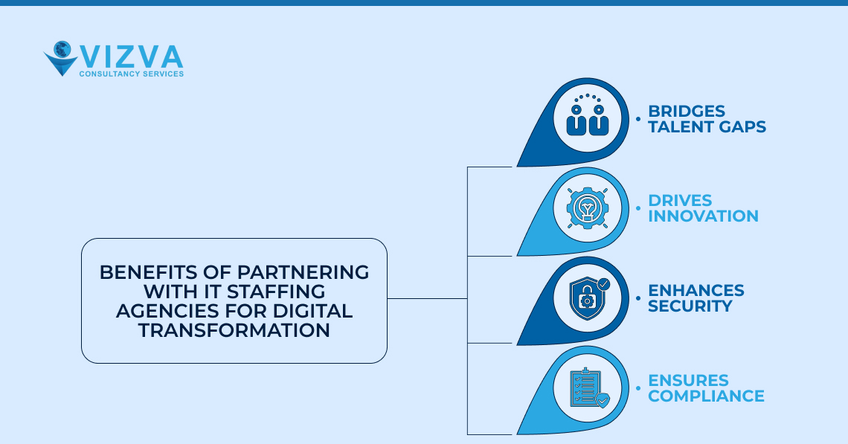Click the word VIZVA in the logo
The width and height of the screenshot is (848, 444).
(131, 57)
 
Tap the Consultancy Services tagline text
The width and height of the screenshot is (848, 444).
(131, 74)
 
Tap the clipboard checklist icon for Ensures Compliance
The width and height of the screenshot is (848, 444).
(587, 387)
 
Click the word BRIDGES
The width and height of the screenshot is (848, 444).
(687, 111)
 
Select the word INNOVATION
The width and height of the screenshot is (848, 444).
(703, 216)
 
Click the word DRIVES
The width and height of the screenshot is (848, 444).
(680, 200)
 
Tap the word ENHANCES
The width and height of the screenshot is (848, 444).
(696, 289)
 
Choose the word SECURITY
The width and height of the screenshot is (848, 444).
(690, 306)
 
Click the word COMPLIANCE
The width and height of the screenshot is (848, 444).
(706, 396)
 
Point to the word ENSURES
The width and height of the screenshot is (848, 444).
(688, 380)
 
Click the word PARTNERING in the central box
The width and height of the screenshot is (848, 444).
(302, 272)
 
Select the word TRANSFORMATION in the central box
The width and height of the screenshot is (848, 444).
(234, 330)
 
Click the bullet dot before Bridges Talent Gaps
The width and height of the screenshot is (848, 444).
(637, 119)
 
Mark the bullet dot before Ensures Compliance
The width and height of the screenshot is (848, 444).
(637, 387)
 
